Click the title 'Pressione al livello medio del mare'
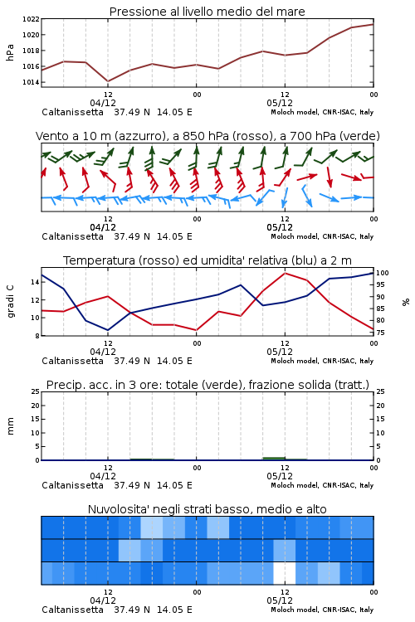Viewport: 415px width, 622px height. [x=207, y=12]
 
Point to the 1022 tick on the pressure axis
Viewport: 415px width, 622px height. [x=31, y=19]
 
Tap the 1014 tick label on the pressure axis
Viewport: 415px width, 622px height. [x=31, y=82]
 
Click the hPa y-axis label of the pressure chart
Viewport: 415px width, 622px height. [x=10, y=52]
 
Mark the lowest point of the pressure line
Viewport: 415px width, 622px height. [x=108, y=81]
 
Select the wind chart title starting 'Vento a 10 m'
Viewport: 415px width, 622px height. [x=207, y=136]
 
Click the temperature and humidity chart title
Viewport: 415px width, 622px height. [x=207, y=260]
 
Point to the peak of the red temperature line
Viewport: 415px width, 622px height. [x=285, y=273]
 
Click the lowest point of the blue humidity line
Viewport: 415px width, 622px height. [x=108, y=330]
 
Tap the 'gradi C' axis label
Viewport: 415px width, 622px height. [x=10, y=301]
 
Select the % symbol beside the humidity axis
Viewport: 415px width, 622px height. [x=406, y=302]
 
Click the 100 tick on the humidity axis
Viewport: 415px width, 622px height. [x=383, y=273]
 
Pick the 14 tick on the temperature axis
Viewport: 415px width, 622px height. [x=35, y=282]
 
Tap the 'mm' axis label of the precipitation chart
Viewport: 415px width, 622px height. [x=10, y=426]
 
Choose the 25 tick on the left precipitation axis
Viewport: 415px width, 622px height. [x=36, y=391]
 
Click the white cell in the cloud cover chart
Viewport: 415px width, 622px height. [x=285, y=573]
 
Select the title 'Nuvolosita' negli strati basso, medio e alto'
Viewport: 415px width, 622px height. [x=207, y=509]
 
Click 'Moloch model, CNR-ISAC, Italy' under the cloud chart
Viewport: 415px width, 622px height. [x=322, y=610]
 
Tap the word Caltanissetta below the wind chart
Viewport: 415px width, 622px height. [x=73, y=236]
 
